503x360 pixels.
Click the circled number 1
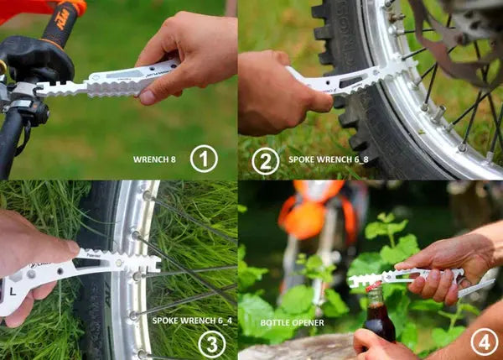coord(203,159)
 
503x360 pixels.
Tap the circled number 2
coord(266,159)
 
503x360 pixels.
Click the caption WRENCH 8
coord(155,159)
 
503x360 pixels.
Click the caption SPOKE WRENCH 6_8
coord(328,159)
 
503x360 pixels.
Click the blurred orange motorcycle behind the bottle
coord(314,214)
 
